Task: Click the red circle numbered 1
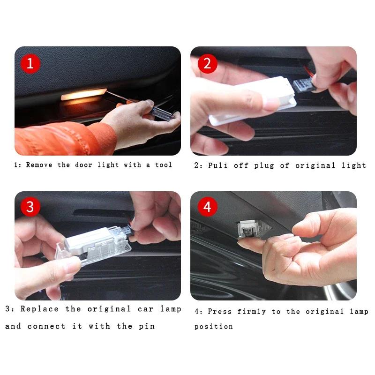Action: pos(30,63)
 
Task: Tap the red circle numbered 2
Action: pos(207,63)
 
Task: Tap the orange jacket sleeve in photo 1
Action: pos(61,138)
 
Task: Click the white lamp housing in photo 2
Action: pos(253,101)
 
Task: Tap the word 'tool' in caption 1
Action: pos(164,165)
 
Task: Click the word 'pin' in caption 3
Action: pos(147,326)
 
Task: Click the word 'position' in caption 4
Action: pos(213,327)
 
